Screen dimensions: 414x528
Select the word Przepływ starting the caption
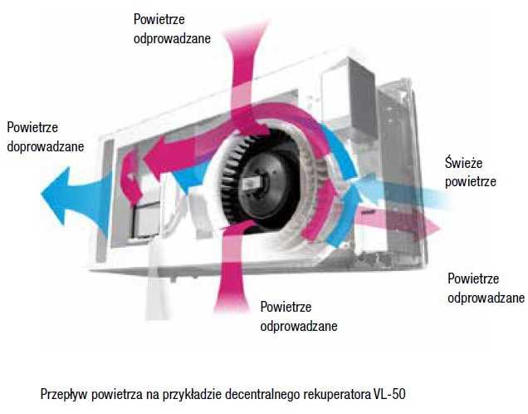[64, 392]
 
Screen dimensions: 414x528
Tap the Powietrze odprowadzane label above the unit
[171, 27]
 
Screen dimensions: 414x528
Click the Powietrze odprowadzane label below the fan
[298, 317]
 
